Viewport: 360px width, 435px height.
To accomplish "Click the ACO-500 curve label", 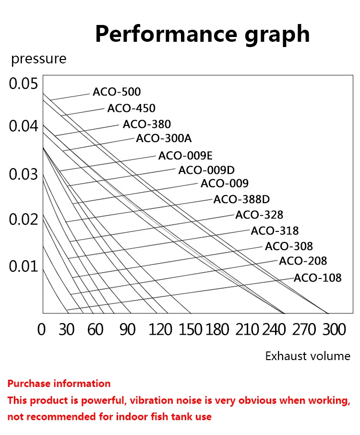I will [x=117, y=92].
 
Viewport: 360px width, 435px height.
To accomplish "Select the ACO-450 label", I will [x=131, y=108].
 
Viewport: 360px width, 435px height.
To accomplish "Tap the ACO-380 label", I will [x=146, y=124].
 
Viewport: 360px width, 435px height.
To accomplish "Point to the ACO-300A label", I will [x=164, y=139].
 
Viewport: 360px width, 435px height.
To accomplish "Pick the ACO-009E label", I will [x=185, y=155].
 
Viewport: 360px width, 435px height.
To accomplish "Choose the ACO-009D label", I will [x=206, y=170].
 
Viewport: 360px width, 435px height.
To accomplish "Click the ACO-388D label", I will [x=241, y=199].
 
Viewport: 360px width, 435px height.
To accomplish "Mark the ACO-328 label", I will [x=259, y=215].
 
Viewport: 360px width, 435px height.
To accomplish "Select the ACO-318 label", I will [x=275, y=230].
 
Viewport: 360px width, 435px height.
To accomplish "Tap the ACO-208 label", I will [x=303, y=261].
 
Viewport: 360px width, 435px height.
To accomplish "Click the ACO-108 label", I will [x=317, y=278].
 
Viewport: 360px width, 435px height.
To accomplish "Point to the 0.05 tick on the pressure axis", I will [x=23, y=84].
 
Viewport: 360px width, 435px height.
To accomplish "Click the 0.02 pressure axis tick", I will [x=23, y=219].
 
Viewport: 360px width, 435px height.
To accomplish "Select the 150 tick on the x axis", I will [x=191, y=330].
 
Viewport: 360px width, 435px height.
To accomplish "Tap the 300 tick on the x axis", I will [x=334, y=330].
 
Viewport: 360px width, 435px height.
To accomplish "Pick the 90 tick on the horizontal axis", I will [x=127, y=330].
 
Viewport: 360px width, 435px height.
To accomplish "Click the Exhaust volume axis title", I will [x=308, y=356].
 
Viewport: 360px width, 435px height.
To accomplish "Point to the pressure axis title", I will [x=39, y=59].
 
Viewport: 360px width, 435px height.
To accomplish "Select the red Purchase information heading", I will [x=59, y=383].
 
